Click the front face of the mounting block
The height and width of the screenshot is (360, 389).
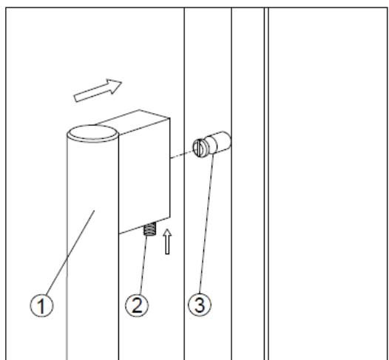tap(144, 181)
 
